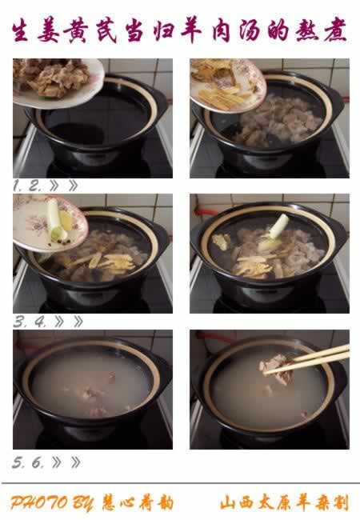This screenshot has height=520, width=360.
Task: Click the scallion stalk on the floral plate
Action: click(55, 220)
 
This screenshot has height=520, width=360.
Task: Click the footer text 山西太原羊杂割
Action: click(285, 502)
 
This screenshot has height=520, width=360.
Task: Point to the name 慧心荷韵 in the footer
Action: click(138, 502)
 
